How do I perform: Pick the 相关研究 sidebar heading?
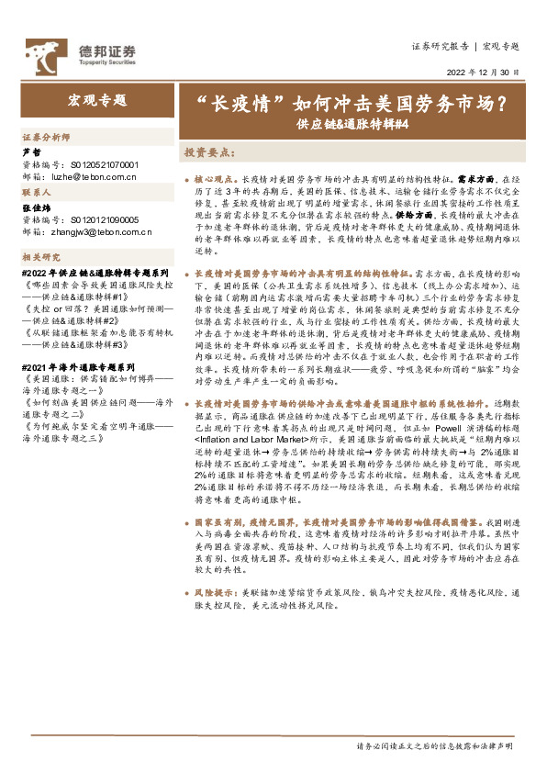click(x=41, y=257)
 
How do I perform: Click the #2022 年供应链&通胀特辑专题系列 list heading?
click(x=95, y=274)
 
